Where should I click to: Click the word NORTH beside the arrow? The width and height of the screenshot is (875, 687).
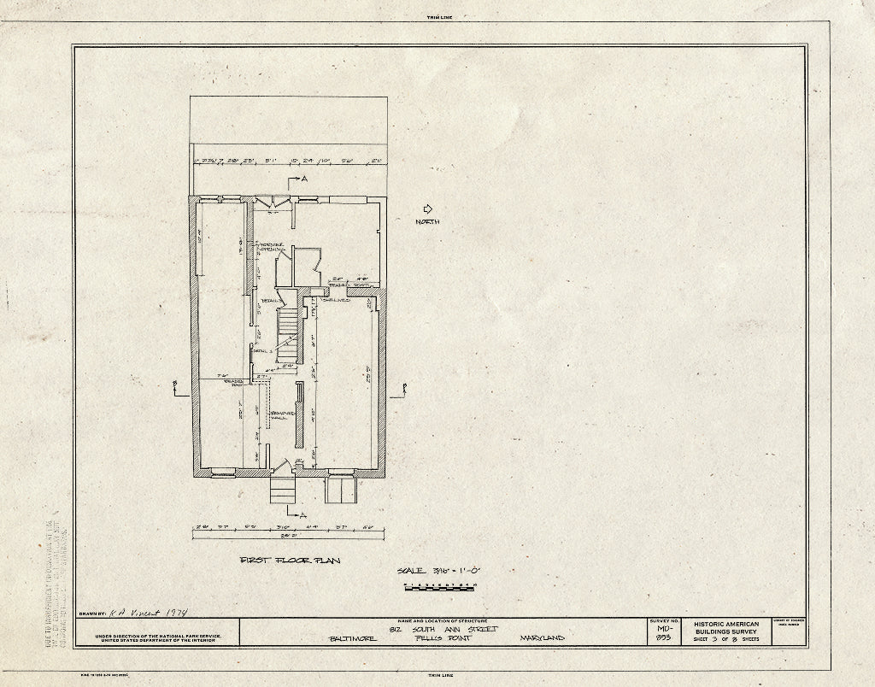pyautogui.click(x=428, y=222)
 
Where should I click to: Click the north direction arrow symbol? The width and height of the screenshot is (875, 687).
pyautogui.click(x=428, y=208)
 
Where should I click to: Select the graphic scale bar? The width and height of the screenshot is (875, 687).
pyautogui.click(x=439, y=586)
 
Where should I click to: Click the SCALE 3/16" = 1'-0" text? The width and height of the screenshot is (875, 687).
pyautogui.click(x=440, y=571)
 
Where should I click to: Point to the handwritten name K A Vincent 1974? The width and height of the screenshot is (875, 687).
pyautogui.click(x=149, y=613)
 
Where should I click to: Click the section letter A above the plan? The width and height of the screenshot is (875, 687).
pyautogui.click(x=302, y=179)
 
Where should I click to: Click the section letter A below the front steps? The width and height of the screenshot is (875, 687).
pyautogui.click(x=302, y=514)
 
